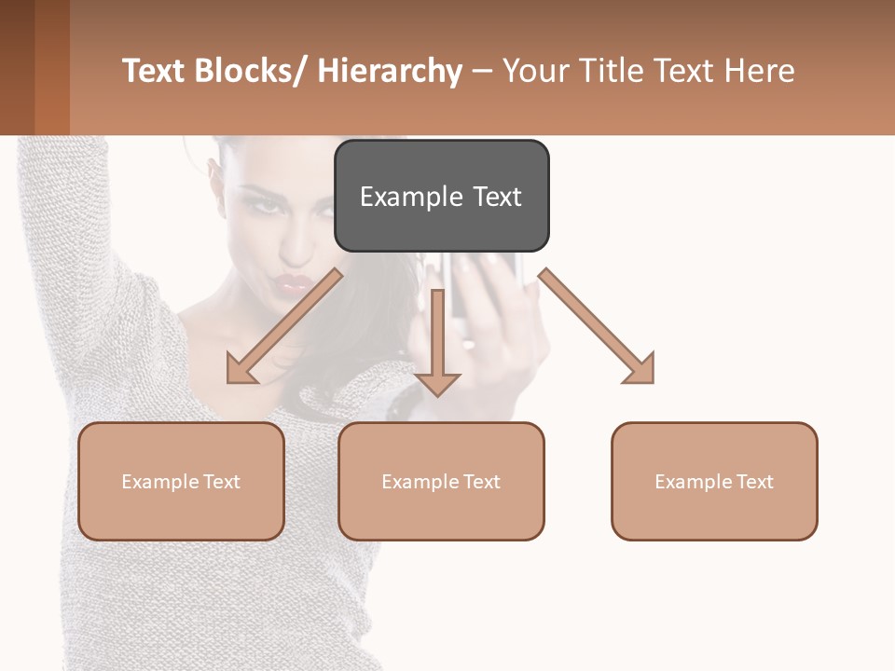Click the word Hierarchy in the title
pos(390,71)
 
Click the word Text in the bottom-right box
pos(753,482)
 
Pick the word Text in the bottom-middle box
pos(480,482)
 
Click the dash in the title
pos(482,71)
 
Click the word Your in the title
pos(536,71)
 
